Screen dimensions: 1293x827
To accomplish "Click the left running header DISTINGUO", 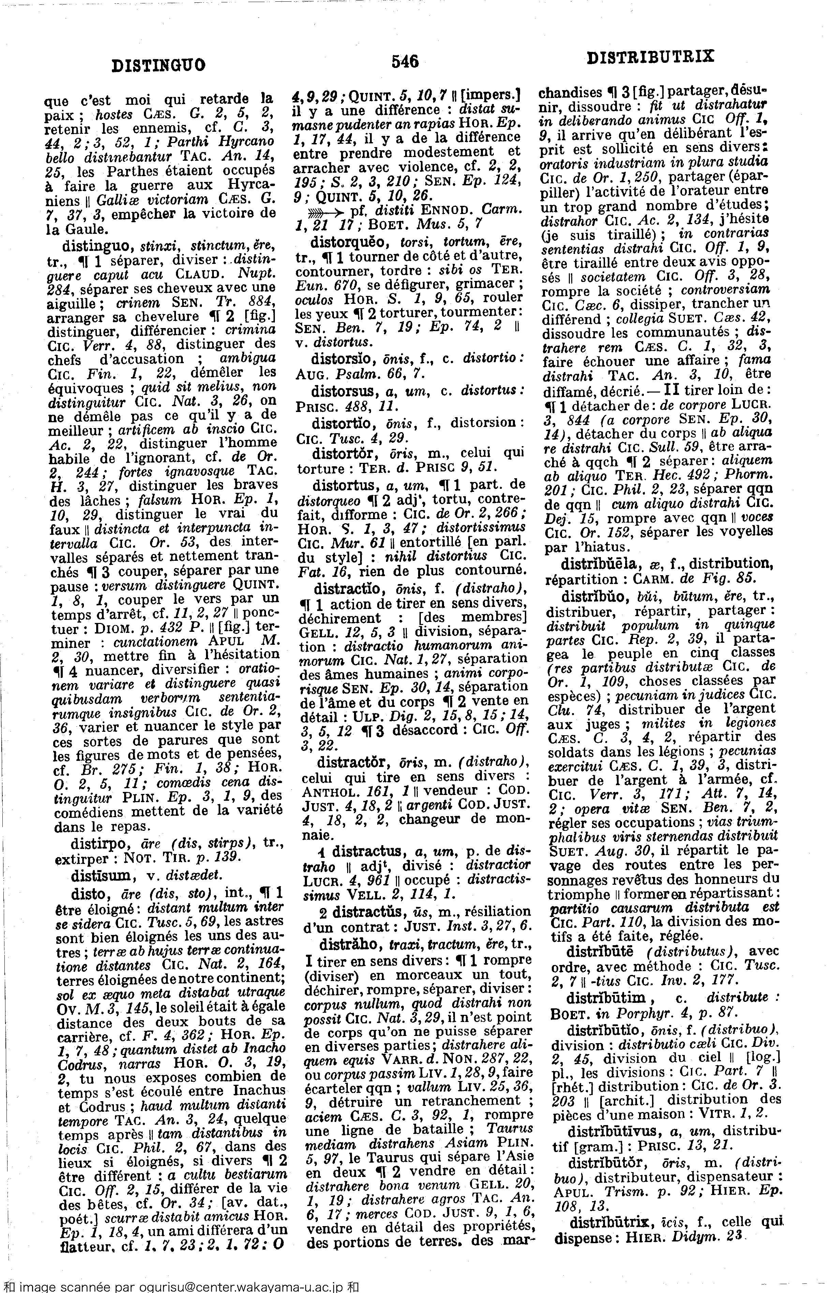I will click(159, 66).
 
